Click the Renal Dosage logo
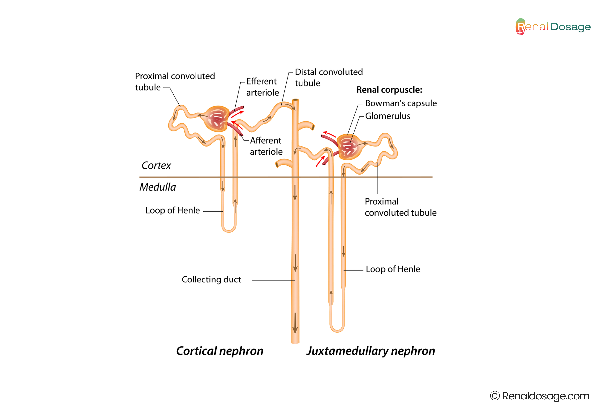[x=553, y=27]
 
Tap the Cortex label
[x=156, y=165]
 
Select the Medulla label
[x=158, y=187]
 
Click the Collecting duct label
[x=211, y=279]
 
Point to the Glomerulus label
[x=387, y=116]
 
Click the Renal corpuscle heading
[x=389, y=90]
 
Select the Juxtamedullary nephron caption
[x=371, y=351]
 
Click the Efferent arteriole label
[x=262, y=87]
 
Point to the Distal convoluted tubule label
[x=329, y=77]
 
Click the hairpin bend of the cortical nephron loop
[x=229, y=230]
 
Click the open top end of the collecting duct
[x=295, y=100]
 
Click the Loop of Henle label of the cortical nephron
[x=173, y=210]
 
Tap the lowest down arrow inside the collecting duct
[x=295, y=324]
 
